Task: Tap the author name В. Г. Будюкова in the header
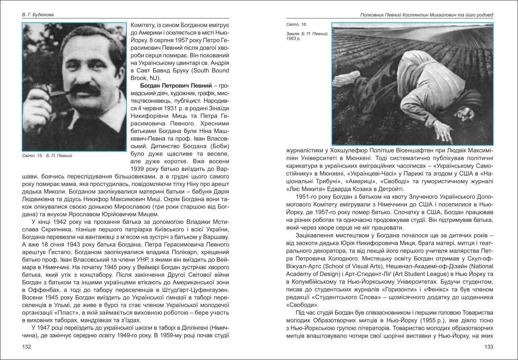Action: point(38,15)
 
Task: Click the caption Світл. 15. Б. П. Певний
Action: point(47,155)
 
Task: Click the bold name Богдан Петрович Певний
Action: point(176,86)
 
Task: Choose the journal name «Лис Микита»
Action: point(301,189)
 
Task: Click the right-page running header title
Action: point(427,15)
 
